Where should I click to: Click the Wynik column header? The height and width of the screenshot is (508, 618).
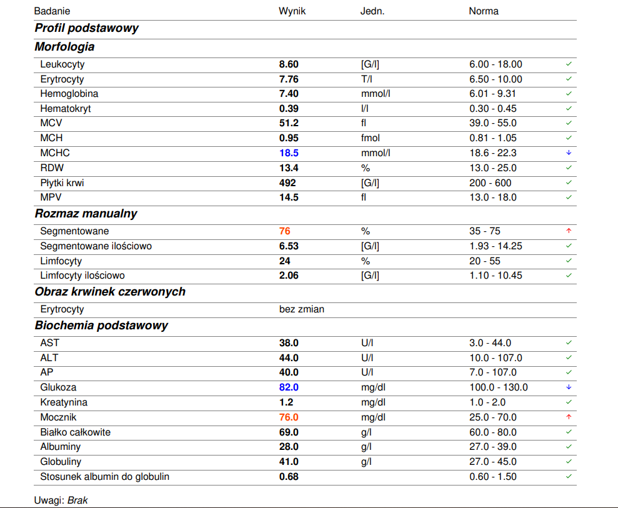click(x=292, y=11)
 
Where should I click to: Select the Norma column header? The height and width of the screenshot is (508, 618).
click(x=484, y=11)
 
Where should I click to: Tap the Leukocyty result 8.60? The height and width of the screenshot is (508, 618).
click(x=289, y=64)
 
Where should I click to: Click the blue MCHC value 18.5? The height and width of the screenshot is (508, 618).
click(x=289, y=153)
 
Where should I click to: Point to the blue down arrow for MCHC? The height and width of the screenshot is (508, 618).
click(x=569, y=152)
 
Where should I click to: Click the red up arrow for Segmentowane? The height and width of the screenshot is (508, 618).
click(x=569, y=231)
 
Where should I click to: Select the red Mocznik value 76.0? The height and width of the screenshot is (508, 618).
click(x=289, y=417)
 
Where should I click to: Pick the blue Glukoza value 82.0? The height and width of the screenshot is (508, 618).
click(x=289, y=387)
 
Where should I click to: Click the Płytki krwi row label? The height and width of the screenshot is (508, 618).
click(x=62, y=183)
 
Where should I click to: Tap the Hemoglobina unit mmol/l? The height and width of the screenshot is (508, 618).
click(x=376, y=94)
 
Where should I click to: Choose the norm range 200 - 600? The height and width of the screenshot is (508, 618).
click(x=491, y=183)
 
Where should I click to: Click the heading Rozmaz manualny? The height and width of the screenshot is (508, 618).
click(x=86, y=214)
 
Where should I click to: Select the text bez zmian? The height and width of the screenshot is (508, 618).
click(x=302, y=309)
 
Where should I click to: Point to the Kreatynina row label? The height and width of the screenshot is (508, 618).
click(x=64, y=402)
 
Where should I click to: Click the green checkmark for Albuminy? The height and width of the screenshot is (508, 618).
click(x=569, y=447)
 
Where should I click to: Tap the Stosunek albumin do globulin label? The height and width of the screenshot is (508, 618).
click(x=105, y=477)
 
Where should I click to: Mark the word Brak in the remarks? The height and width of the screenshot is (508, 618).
click(x=77, y=500)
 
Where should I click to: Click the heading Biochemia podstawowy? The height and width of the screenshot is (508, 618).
click(x=101, y=326)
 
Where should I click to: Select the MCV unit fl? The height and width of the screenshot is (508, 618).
click(x=364, y=123)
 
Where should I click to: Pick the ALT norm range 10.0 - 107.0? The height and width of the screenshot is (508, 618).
click(x=496, y=358)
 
